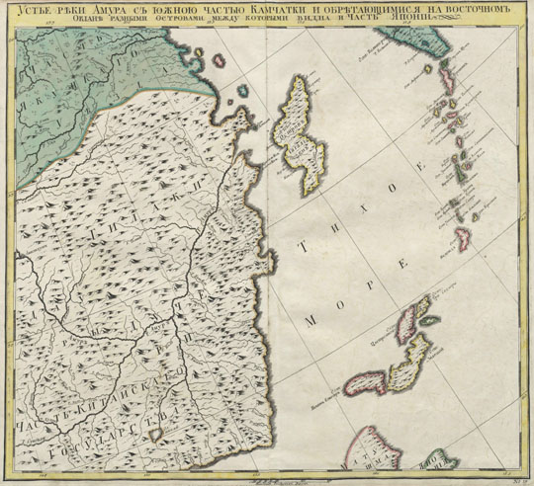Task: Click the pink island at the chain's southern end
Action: pos(462,237)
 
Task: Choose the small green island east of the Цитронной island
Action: pos(430,320)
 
